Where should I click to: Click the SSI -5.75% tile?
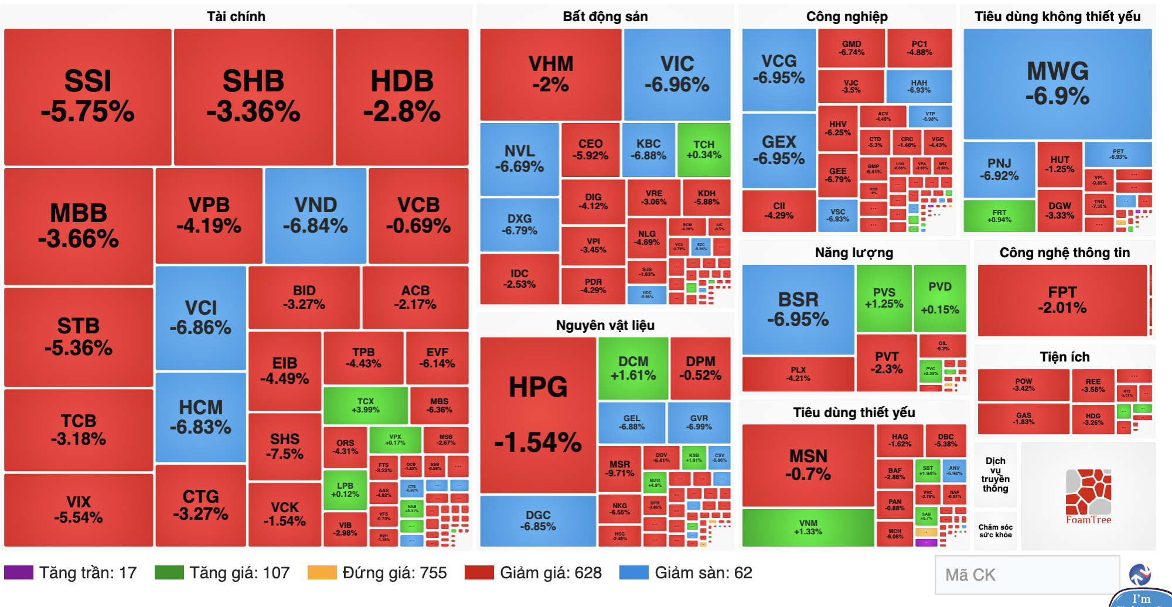(88, 97)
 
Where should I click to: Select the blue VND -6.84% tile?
(315, 216)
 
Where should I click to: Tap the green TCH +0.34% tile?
(704, 150)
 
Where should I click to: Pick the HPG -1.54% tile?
(538, 415)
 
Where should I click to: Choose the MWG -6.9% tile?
(1058, 84)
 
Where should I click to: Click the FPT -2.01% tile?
(1062, 300)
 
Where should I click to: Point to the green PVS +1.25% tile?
(884, 298)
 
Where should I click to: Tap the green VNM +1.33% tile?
(808, 527)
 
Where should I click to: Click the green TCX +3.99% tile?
(365, 405)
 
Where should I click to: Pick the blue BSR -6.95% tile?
(798, 309)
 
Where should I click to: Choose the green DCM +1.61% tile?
(633, 368)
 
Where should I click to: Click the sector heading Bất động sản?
(605, 16)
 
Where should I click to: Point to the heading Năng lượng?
(854, 253)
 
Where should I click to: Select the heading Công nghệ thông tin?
(1064, 253)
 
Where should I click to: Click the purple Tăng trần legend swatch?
(19, 572)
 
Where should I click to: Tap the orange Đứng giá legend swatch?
(322, 572)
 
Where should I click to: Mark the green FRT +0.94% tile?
(999, 216)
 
